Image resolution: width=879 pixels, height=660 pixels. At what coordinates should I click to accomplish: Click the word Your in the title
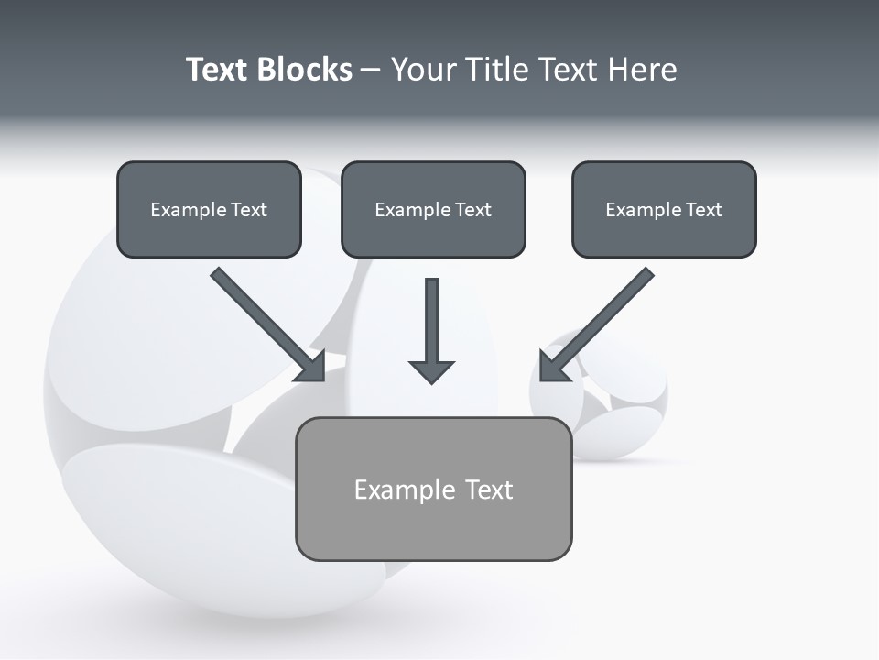421,70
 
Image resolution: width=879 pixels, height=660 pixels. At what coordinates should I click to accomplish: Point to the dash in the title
371,71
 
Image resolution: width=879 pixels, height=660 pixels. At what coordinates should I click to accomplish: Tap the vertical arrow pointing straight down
431,321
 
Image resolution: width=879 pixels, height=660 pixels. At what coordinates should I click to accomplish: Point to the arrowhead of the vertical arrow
431,372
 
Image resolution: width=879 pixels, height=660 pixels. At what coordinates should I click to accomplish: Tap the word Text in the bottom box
489,489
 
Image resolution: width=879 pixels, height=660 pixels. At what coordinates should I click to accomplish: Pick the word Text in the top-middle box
472,210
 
